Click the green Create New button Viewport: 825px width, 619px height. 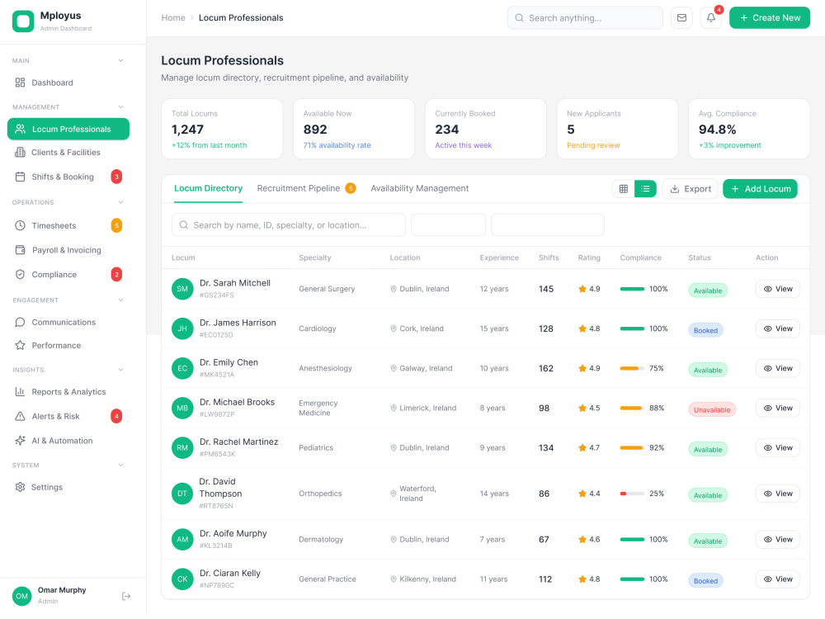(769, 18)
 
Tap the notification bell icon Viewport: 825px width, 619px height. (711, 18)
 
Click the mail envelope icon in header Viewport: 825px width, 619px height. (681, 18)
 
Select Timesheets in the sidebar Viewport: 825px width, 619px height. (54, 226)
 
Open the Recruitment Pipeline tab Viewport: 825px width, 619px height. (299, 188)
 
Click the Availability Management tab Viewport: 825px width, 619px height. (419, 188)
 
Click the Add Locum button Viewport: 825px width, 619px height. (760, 189)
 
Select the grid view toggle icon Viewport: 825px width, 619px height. (624, 189)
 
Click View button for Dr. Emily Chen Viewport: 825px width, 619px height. (778, 368)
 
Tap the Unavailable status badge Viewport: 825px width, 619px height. (712, 409)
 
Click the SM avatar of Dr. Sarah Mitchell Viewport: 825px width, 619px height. (182, 289)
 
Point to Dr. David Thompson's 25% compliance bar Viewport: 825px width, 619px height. (632, 494)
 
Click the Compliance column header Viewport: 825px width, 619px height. (640, 258)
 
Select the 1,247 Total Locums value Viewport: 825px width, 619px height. (187, 130)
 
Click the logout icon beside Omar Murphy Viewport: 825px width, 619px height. (126, 596)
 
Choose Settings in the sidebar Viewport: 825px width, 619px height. (47, 488)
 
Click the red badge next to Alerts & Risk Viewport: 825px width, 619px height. (116, 416)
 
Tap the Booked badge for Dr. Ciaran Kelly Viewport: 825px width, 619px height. (705, 580)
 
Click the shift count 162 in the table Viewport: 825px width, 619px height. (545, 368)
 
